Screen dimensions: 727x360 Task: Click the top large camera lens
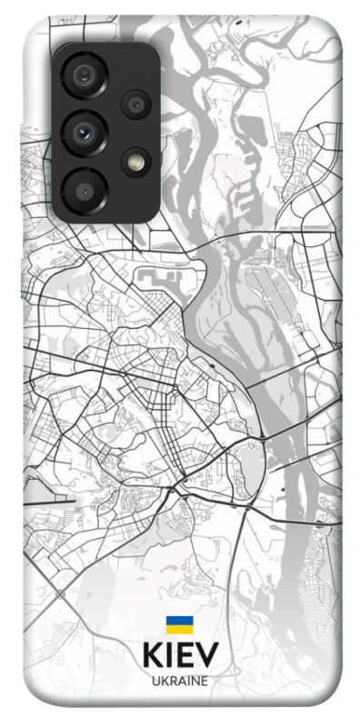86,75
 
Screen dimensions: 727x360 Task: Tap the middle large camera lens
86,133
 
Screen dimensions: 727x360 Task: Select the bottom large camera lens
86,189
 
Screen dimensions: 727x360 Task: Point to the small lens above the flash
136,105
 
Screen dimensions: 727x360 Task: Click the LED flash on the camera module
136,162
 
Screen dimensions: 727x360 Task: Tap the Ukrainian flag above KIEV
179,625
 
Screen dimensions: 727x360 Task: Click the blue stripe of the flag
179,622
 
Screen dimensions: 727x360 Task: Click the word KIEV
180,655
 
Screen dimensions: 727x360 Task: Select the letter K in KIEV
152,655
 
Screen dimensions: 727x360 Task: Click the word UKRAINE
179,681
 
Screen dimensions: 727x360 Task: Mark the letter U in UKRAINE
155,681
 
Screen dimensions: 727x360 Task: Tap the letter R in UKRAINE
171,681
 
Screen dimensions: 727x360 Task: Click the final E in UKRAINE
204,681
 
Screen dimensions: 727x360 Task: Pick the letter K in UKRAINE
163,681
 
